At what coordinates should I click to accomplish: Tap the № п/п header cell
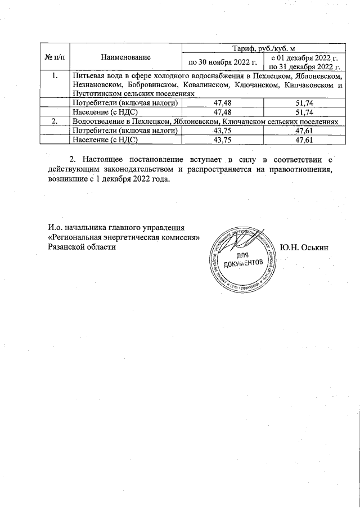coord(53,57)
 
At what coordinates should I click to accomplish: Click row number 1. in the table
coord(53,76)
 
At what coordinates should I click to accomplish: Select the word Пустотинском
coord(92,94)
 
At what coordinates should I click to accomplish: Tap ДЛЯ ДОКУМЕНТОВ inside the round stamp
coord(244,259)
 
